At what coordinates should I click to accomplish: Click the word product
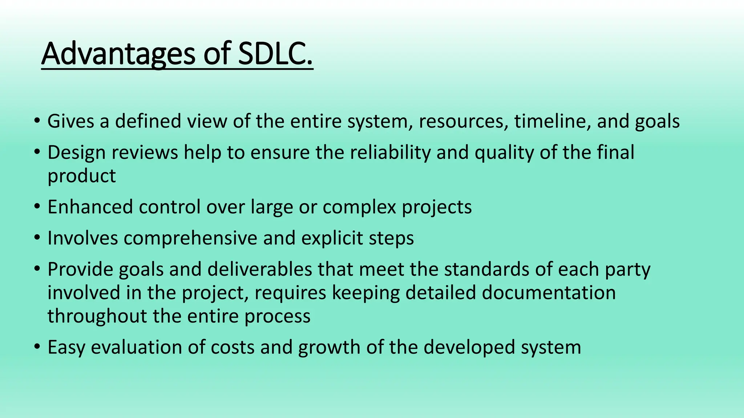point(81,176)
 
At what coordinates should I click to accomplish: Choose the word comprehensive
point(190,238)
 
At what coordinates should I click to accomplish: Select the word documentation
point(549,293)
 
